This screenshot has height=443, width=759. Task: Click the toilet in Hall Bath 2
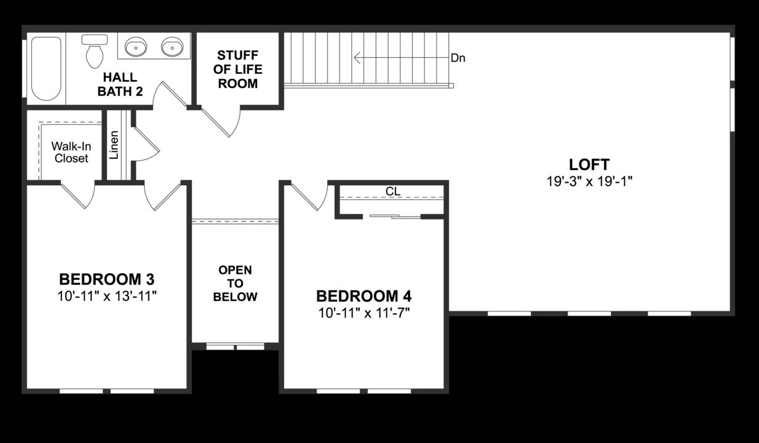(94, 52)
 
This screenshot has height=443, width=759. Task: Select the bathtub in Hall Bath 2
(46, 68)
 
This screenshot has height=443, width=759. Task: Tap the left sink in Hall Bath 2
(135, 46)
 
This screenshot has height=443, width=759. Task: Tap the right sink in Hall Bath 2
(172, 46)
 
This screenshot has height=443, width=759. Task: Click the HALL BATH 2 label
(120, 84)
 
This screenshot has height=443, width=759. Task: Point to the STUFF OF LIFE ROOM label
(238, 70)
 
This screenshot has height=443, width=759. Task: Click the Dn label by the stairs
(458, 58)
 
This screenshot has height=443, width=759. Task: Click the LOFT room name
(589, 165)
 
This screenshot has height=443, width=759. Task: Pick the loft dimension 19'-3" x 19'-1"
(589, 182)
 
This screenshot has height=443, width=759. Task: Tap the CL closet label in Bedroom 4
(392, 191)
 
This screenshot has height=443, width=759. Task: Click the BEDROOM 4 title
(364, 296)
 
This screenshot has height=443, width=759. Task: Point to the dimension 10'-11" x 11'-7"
(364, 313)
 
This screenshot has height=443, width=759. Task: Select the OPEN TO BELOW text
(235, 284)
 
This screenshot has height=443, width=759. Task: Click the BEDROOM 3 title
(107, 278)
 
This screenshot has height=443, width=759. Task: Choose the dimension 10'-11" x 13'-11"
(107, 296)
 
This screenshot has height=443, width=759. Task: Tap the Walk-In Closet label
(71, 152)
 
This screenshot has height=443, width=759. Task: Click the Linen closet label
(114, 145)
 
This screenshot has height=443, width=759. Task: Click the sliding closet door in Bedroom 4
(394, 216)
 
